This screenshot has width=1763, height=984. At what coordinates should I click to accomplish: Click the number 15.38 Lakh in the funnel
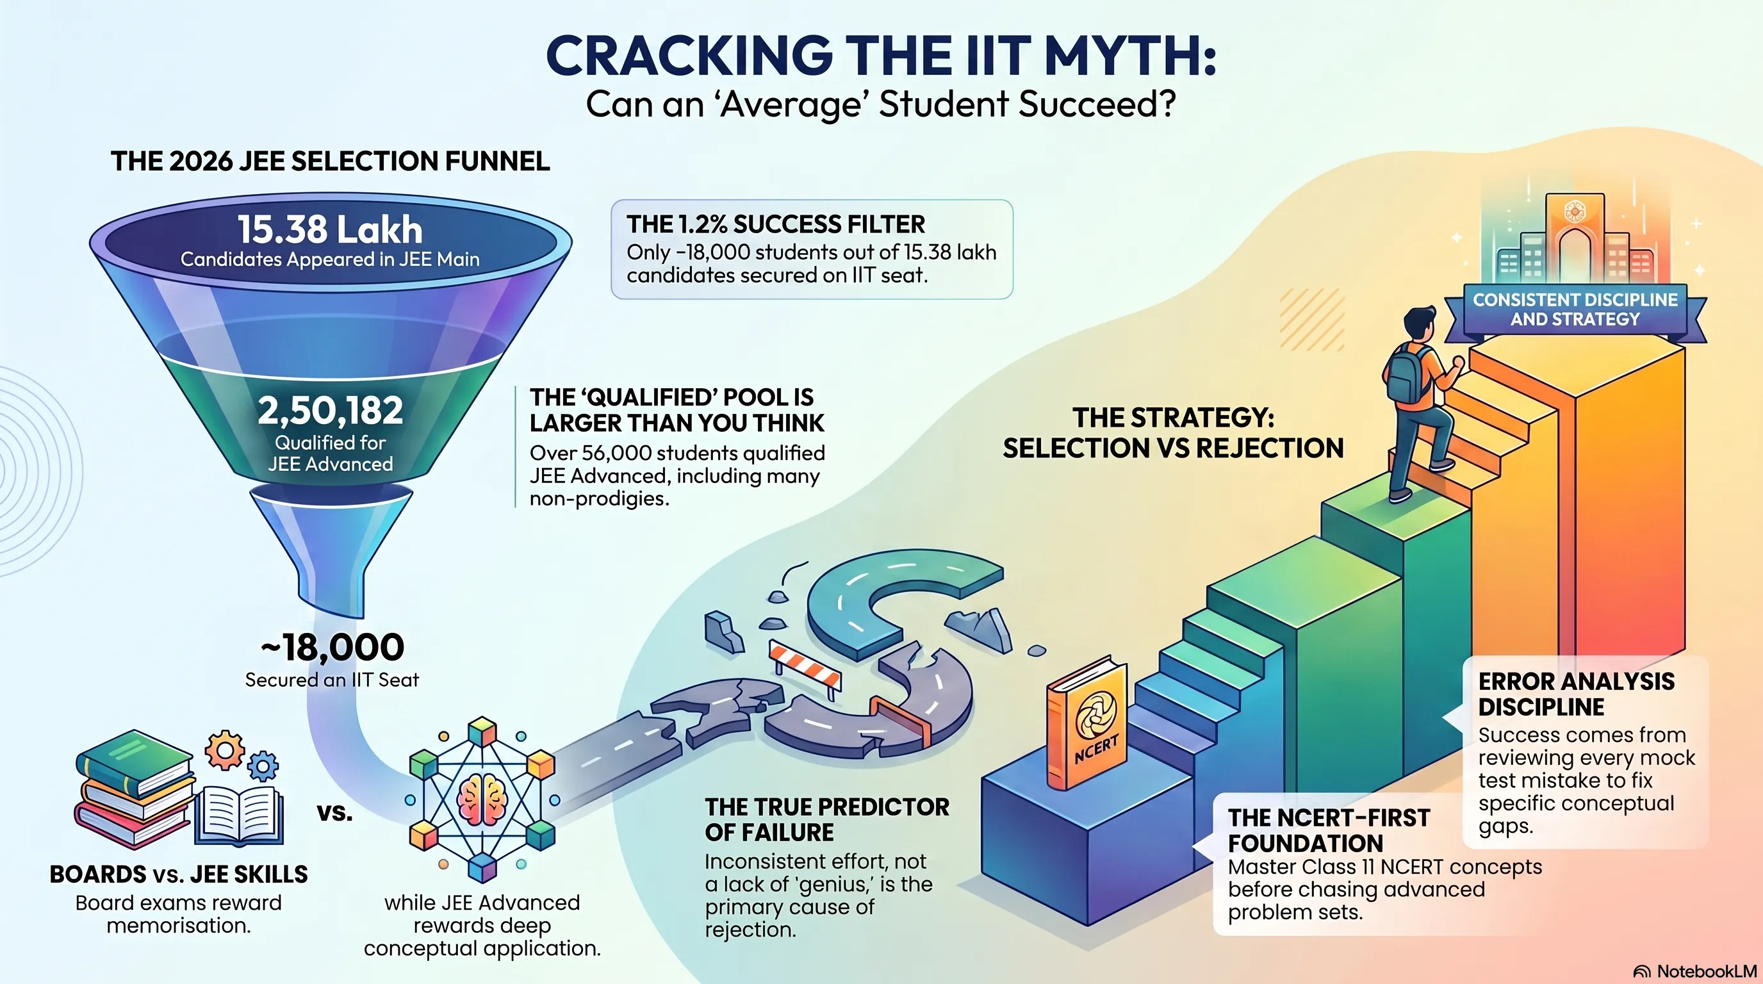(x=330, y=230)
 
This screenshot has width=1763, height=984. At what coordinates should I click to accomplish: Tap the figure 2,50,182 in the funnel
(x=330, y=411)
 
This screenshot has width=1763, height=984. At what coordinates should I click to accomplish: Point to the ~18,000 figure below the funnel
(x=332, y=646)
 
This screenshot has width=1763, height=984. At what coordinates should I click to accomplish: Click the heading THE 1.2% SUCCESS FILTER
(x=775, y=224)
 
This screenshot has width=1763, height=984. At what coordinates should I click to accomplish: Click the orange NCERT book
(x=1086, y=723)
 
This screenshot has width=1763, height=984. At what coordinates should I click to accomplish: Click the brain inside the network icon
(x=482, y=799)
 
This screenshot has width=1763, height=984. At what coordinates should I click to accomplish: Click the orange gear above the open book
(x=224, y=750)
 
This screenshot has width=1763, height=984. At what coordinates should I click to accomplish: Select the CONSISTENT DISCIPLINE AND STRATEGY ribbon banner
(x=1575, y=310)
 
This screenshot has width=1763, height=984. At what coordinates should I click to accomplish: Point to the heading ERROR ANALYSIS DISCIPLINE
(x=1576, y=694)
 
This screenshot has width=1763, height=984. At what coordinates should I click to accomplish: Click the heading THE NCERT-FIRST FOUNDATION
(x=1329, y=830)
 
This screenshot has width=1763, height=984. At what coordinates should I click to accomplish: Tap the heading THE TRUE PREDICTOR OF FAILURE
(x=827, y=820)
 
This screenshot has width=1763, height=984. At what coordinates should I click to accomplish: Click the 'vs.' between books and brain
(x=334, y=813)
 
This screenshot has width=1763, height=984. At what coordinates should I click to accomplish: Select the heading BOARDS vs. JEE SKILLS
(x=179, y=874)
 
